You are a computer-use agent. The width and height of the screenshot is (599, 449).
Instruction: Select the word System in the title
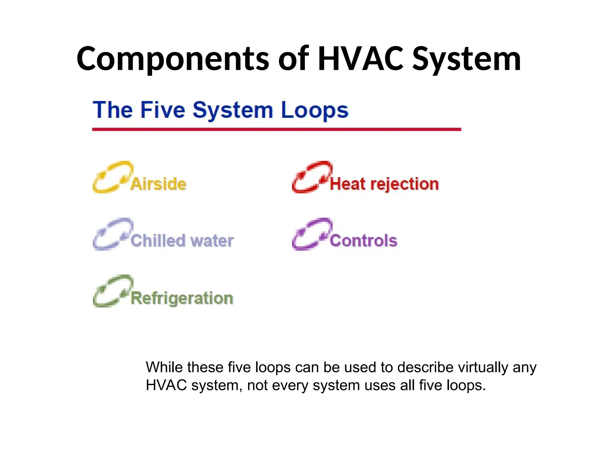coord(467,60)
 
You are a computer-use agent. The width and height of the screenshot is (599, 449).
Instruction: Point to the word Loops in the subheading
coord(315,110)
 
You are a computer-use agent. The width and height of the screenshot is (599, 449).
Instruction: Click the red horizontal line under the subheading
coord(276,129)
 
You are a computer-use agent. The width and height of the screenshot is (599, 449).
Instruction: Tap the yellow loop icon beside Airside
coord(112,177)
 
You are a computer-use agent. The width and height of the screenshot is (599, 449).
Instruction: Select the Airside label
coord(159,184)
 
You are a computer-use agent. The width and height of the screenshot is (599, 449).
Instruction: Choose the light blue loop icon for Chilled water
coord(112,234)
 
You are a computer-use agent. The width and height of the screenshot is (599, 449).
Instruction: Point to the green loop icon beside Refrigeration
coord(112,291)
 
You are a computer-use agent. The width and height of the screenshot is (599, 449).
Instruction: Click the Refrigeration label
coord(182,298)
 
